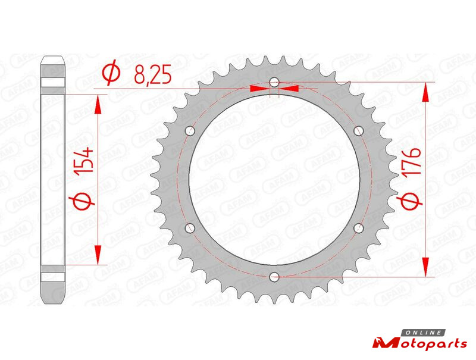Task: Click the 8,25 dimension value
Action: click(x=153, y=74)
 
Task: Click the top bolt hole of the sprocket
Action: click(x=274, y=82)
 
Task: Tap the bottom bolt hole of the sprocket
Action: click(x=274, y=277)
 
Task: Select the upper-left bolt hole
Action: click(x=190, y=131)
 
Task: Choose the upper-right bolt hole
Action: click(x=359, y=131)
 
